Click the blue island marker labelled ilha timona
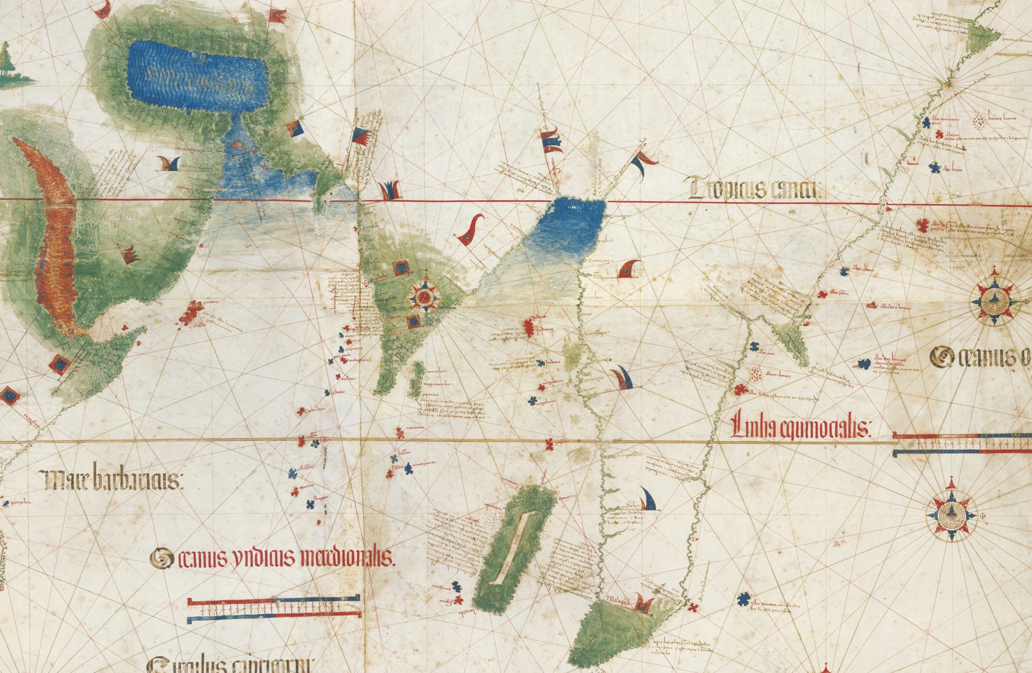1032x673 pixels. [742, 599]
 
